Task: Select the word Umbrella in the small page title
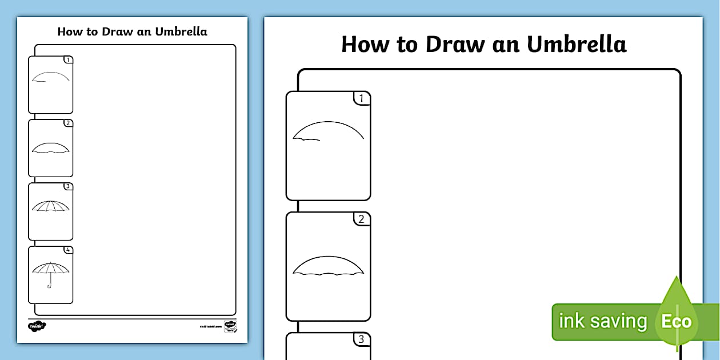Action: click(x=181, y=31)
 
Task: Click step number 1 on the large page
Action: click(x=361, y=99)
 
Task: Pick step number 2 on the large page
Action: click(x=361, y=219)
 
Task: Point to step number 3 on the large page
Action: click(x=361, y=340)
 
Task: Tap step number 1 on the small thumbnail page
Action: click(x=68, y=59)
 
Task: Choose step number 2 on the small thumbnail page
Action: click(x=68, y=123)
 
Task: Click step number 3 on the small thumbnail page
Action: click(x=68, y=186)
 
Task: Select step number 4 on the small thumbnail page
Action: click(x=68, y=250)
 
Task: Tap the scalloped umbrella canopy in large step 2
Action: click(x=329, y=266)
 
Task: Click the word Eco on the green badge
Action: click(x=676, y=321)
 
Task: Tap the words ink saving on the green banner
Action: click(x=602, y=321)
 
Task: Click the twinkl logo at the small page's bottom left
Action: click(x=37, y=326)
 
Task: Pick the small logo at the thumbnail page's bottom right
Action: click(x=230, y=326)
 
